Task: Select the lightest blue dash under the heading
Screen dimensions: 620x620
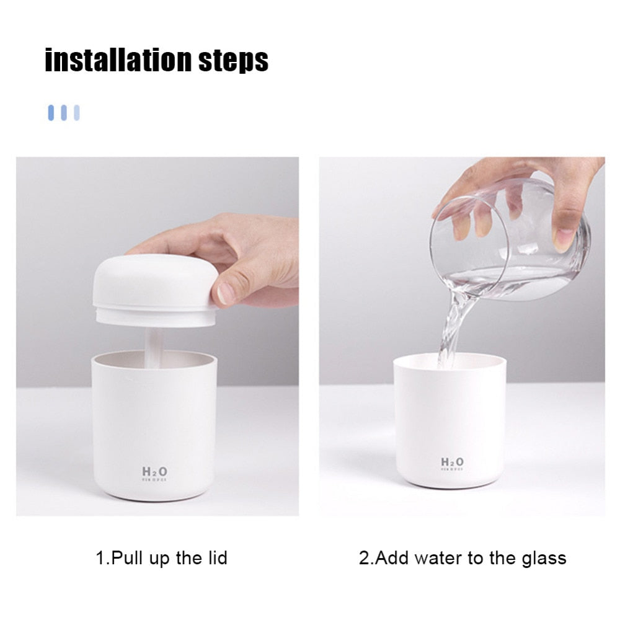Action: click(x=77, y=112)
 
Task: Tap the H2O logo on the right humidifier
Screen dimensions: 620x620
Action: click(x=451, y=462)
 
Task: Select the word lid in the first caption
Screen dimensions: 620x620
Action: click(x=215, y=557)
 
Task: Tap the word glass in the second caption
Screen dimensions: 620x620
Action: click(x=542, y=557)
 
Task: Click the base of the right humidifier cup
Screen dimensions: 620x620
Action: click(x=450, y=481)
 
